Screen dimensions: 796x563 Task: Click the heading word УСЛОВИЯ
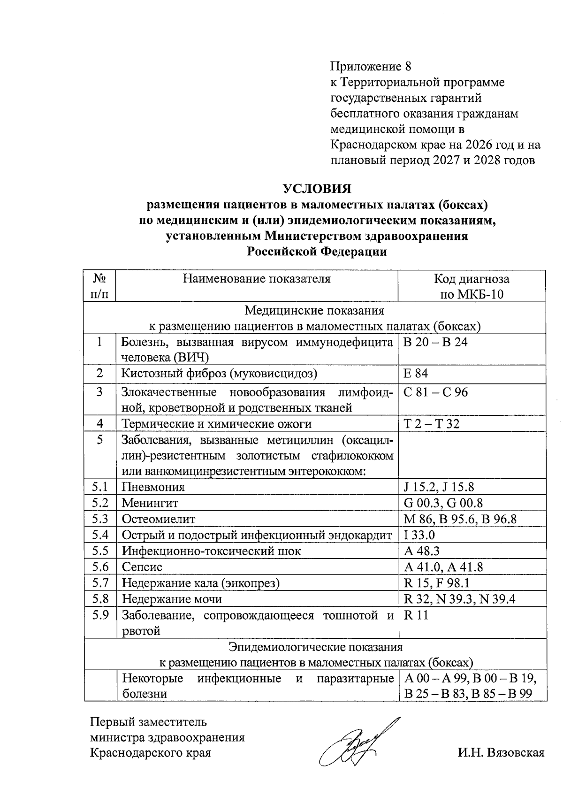coord(317,189)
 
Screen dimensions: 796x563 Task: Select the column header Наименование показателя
coord(257,279)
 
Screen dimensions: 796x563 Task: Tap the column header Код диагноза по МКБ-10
coord(472,286)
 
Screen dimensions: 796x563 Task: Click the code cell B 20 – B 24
coord(435,342)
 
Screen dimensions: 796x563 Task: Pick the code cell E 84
coord(416,374)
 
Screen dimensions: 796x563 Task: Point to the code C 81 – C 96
coord(436,392)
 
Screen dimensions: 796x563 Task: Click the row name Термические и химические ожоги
coord(217,424)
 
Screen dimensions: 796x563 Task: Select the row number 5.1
coord(100,487)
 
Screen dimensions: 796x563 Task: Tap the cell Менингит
coord(150,503)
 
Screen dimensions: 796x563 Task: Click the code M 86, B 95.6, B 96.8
coord(460,519)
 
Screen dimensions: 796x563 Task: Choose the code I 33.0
coord(419,535)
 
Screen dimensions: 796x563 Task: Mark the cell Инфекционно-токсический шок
coord(212,551)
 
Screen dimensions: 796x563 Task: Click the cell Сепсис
coord(142,567)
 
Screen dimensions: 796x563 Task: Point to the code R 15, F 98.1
coord(437,583)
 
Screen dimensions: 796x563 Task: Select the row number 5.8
coord(100,599)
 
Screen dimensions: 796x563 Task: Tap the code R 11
coord(416,615)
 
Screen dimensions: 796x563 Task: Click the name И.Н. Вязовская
coord(501,753)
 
